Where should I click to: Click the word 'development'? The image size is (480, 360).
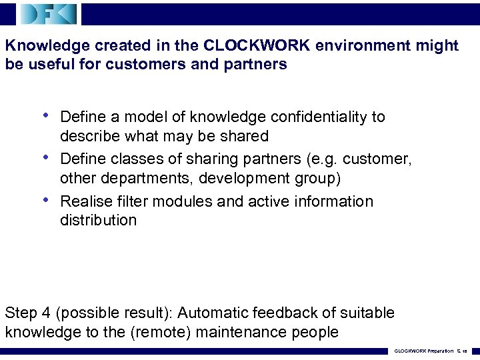point(239,178)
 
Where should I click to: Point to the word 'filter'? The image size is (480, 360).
point(129,201)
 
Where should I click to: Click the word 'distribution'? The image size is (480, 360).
point(98,220)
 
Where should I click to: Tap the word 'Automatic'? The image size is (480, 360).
point(213,313)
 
